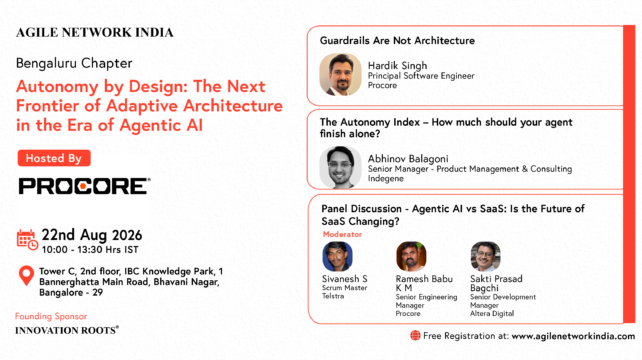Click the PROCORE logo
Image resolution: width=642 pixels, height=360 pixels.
click(x=84, y=186)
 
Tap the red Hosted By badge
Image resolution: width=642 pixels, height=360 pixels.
click(x=54, y=158)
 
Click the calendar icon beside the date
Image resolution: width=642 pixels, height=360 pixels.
click(x=27, y=240)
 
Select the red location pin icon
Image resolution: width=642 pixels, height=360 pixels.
click(x=27, y=276)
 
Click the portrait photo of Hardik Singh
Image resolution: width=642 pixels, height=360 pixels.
click(x=340, y=75)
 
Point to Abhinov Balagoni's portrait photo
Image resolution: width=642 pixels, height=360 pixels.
click(x=340, y=167)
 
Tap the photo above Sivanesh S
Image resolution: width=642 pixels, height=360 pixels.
click(x=337, y=256)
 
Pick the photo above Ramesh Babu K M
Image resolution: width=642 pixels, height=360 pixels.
click(x=411, y=256)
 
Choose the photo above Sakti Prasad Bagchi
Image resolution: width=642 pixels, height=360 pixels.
click(x=485, y=256)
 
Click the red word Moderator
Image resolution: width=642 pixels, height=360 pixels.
click(x=342, y=234)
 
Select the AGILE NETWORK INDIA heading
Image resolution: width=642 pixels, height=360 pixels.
click(x=95, y=33)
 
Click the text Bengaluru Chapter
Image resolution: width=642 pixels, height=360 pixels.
click(x=74, y=63)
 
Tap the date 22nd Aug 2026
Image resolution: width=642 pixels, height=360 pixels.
click(x=92, y=235)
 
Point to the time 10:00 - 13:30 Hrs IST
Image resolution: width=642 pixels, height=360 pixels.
click(x=90, y=249)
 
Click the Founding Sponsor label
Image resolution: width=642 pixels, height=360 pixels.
click(x=51, y=316)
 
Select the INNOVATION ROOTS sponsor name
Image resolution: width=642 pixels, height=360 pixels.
click(x=67, y=330)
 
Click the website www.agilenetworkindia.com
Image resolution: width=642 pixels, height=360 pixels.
click(x=573, y=336)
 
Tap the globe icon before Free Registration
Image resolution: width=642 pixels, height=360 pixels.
click(x=415, y=336)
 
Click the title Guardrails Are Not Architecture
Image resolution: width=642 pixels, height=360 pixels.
click(x=397, y=41)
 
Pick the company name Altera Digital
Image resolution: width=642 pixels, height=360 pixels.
click(x=492, y=314)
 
